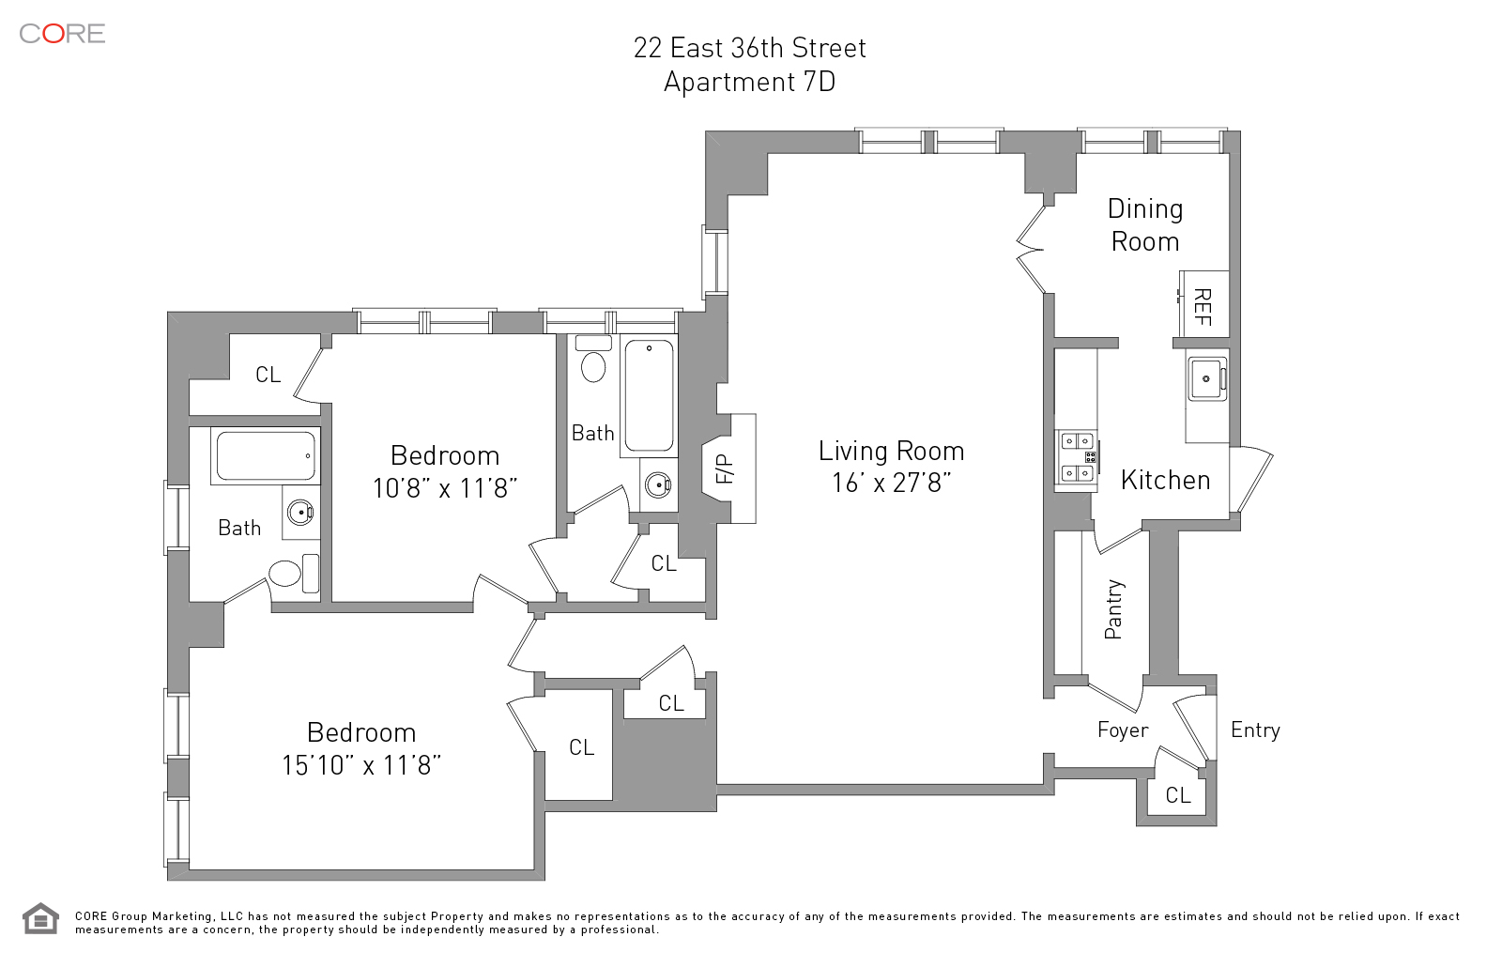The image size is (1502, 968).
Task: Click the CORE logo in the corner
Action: click(x=62, y=34)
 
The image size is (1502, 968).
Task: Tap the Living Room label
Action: click(x=891, y=451)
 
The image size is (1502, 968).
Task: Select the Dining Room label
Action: click(x=1145, y=224)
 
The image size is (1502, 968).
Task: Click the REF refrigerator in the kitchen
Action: click(x=1204, y=304)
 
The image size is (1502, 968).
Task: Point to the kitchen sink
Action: click(x=1207, y=379)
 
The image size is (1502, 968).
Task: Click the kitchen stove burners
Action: click(x=1078, y=457)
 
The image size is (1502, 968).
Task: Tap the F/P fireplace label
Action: click(x=725, y=469)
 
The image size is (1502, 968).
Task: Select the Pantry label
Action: click(x=1113, y=609)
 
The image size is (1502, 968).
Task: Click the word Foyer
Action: click(x=1123, y=730)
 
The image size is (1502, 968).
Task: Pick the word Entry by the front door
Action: click(x=1255, y=730)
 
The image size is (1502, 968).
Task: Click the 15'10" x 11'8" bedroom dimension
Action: click(x=361, y=765)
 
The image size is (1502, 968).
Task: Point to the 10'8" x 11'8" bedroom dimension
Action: click(x=445, y=488)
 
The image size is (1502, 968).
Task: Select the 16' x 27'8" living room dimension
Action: click(x=891, y=483)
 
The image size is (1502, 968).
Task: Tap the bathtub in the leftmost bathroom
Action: click(x=267, y=456)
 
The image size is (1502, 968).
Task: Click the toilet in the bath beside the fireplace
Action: click(x=593, y=360)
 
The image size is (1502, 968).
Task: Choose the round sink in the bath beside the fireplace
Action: click(x=658, y=485)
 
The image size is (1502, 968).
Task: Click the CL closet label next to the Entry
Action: click(x=1178, y=795)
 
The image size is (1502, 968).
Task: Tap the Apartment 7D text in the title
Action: click(x=750, y=82)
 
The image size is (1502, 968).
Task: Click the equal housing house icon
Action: click(x=41, y=918)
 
